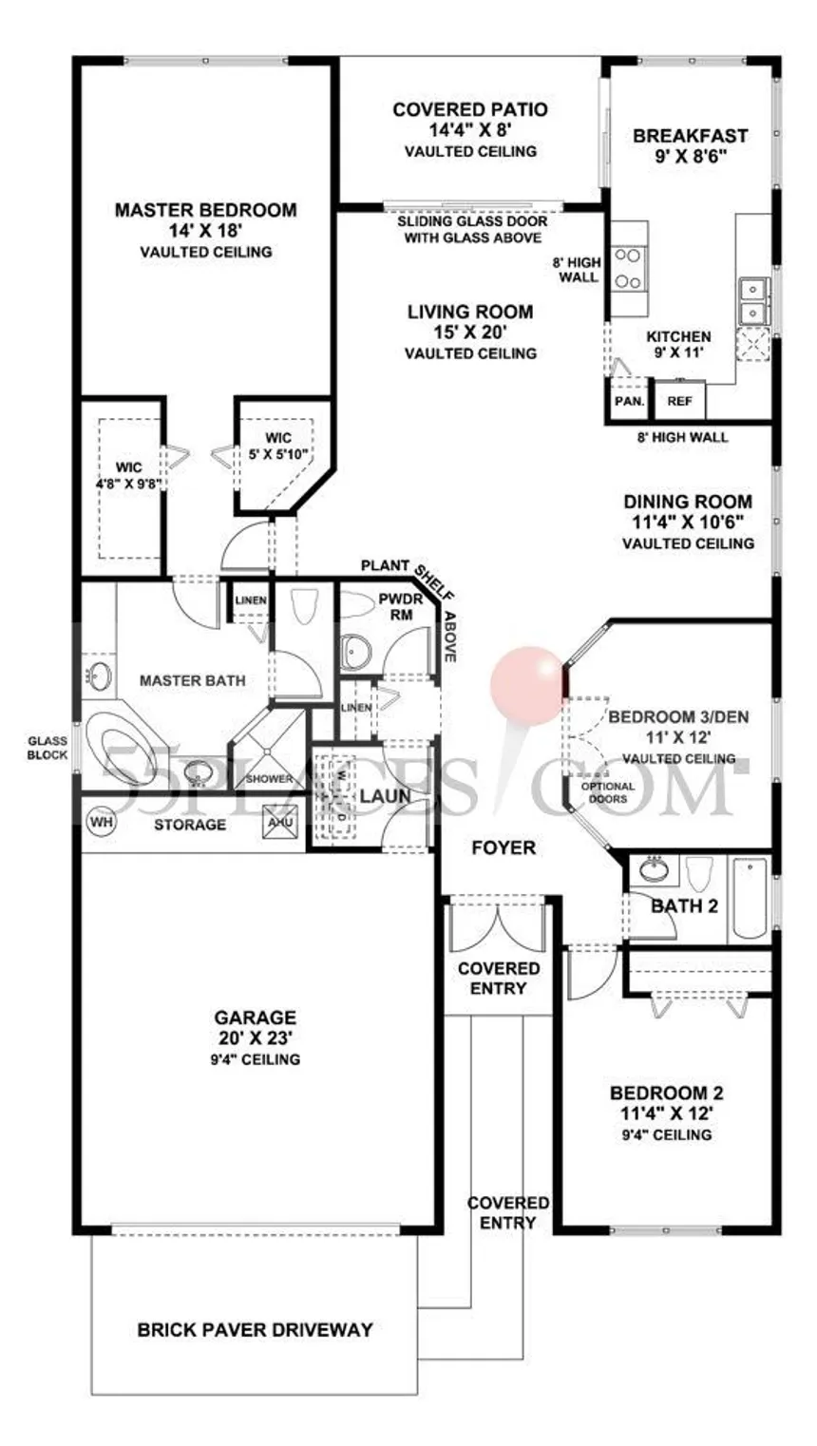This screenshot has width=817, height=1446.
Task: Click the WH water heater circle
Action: (102, 822)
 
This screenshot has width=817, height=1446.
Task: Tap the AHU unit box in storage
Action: (280, 822)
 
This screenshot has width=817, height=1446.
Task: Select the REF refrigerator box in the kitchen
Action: (679, 401)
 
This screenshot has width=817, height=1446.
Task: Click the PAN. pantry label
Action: (629, 401)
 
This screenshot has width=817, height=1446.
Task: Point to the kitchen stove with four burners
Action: (628, 268)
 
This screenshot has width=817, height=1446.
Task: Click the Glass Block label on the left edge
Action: (47, 748)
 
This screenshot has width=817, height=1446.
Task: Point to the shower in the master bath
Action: (270, 749)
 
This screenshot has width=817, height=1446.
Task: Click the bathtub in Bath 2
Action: (750, 899)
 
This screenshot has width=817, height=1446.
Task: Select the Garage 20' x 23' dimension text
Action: (256, 1038)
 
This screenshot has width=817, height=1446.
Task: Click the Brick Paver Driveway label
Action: (255, 1330)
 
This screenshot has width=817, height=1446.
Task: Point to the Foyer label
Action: (503, 847)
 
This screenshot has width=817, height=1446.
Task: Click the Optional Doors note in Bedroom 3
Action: (608, 792)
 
